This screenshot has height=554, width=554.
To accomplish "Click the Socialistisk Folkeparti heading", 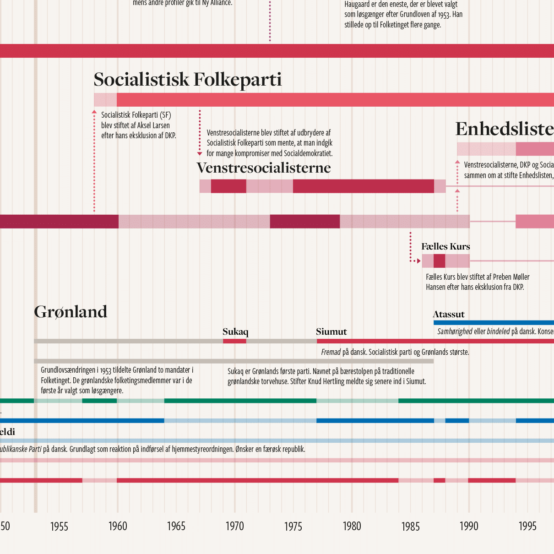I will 187,80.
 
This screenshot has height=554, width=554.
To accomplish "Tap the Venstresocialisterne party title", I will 264,168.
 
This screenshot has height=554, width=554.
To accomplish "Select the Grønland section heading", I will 71,312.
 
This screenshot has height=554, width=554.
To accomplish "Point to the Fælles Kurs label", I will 445,247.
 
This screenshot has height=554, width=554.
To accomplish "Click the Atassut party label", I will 448,315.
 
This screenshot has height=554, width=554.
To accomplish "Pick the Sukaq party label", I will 235,332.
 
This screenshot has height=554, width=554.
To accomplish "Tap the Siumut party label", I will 331,332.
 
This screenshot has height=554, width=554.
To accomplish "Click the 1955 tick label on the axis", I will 59,527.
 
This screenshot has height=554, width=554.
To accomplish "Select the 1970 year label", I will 235,527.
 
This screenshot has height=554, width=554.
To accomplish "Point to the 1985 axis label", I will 410,527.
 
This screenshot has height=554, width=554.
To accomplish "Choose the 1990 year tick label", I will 469,527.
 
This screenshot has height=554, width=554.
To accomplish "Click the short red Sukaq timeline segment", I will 234,341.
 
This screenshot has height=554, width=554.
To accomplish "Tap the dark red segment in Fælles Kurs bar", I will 439,261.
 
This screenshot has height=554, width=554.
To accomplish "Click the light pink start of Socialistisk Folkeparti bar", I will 105,100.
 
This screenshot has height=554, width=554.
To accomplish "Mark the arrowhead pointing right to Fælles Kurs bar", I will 418,261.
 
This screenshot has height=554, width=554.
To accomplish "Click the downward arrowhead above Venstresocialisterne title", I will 200,154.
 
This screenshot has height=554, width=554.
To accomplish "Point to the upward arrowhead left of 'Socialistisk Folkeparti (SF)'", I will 94,112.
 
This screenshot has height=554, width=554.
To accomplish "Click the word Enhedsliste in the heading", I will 504,130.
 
